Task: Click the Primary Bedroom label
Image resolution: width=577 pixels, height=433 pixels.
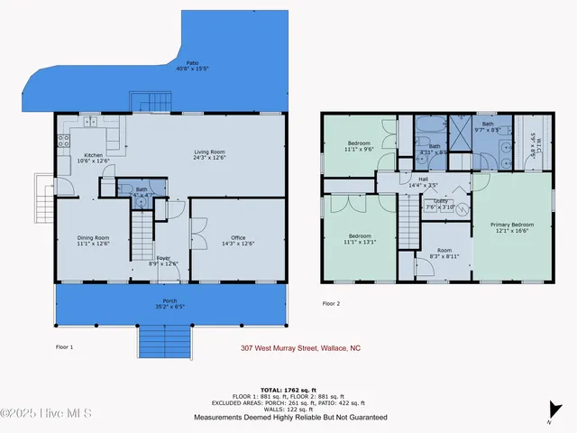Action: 511,226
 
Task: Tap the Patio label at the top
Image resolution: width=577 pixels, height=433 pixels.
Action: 192,66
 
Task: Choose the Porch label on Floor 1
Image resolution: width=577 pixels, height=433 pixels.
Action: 169,303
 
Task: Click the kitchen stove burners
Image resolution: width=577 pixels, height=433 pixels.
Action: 63,141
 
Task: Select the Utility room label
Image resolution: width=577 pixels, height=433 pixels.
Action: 441,204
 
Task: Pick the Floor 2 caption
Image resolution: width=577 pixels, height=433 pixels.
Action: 331,303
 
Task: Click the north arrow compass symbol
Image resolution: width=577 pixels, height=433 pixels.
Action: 548,418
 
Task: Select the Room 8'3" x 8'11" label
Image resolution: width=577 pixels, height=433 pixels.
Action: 444,253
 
